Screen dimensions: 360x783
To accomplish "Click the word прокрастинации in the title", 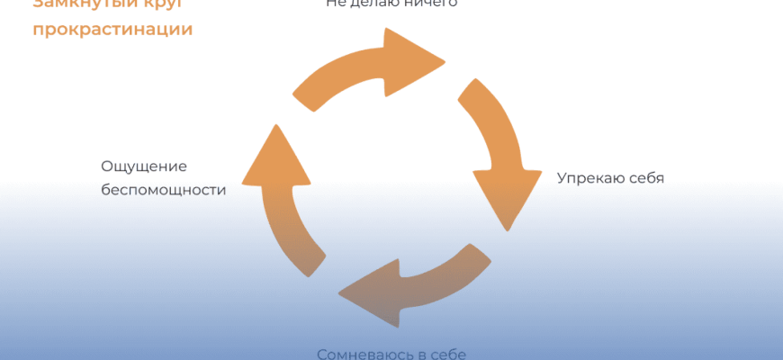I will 112,29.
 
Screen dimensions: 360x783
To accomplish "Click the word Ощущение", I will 144,166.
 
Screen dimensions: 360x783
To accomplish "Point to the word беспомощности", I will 163,190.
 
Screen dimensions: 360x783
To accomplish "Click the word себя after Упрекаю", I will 645,177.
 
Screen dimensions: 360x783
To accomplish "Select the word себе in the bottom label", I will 445,353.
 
